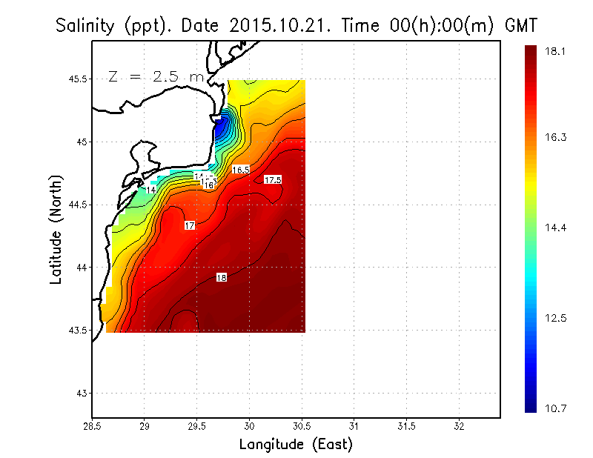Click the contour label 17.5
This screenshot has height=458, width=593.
tap(273, 180)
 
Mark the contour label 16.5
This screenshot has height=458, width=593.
tap(241, 170)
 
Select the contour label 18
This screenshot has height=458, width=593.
tap(222, 277)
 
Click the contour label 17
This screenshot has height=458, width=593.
tap(190, 225)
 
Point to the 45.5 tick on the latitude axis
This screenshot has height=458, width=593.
tap(75, 79)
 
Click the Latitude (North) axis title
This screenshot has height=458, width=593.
tap(56, 230)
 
